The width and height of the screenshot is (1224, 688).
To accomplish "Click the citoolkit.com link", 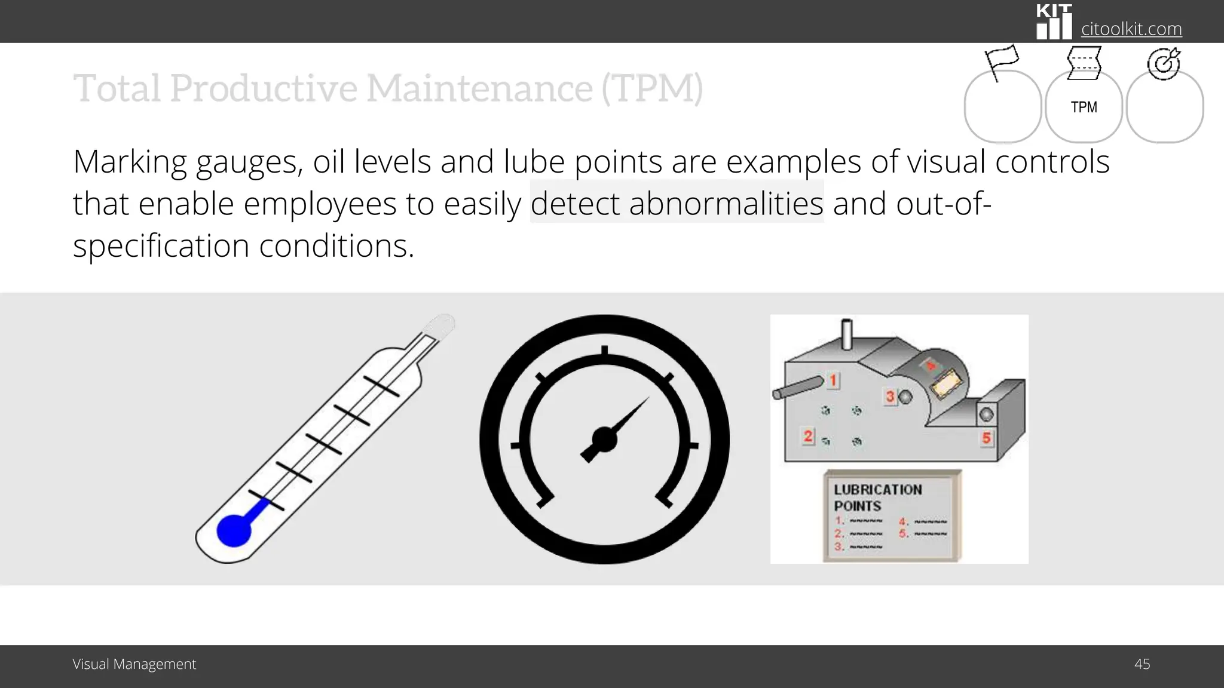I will (1131, 29).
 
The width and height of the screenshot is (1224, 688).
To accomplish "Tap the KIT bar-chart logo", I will (1054, 22).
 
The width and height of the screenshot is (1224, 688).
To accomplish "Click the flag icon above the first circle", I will (1001, 61).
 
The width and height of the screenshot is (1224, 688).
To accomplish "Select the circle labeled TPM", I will (1084, 107).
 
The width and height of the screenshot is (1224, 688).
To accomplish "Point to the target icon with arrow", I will (1164, 63).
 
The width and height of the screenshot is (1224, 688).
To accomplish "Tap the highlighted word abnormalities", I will (726, 204).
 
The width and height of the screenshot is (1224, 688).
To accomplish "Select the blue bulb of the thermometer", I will (233, 530).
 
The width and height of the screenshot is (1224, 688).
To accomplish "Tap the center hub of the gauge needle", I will (604, 440).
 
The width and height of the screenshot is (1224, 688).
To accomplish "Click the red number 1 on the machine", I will (833, 380).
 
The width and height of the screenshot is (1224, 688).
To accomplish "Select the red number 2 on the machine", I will (808, 436).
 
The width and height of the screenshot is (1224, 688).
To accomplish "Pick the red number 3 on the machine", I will (890, 397).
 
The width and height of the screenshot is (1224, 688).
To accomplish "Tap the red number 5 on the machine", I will (986, 438).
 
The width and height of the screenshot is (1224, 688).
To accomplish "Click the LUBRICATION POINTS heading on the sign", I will (877, 497).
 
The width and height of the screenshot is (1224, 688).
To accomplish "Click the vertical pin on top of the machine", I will (846, 334).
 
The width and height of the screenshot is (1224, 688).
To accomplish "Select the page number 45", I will (1142, 664).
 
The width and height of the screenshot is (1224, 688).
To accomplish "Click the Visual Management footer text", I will (134, 664).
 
